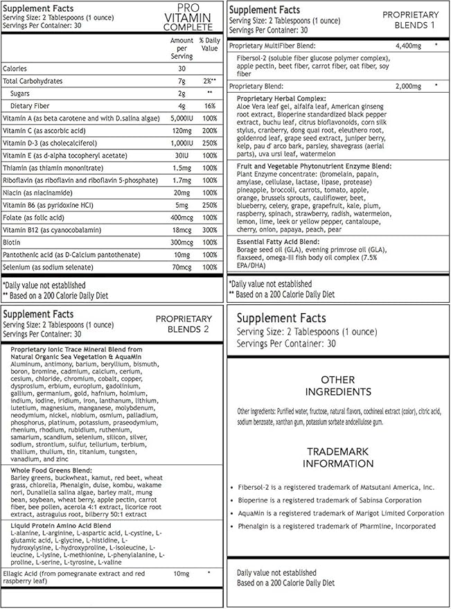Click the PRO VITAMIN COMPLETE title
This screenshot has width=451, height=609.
[x=188, y=17]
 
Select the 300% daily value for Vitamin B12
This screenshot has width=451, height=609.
[x=209, y=229]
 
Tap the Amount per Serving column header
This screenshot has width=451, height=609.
[x=182, y=48]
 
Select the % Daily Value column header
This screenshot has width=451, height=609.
[x=209, y=45]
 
